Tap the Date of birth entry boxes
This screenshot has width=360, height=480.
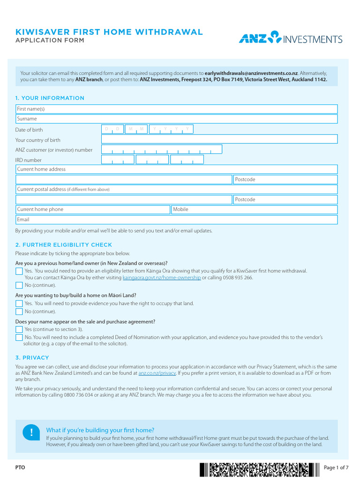147,129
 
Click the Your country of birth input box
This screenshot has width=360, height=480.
219,139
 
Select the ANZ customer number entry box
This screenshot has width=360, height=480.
162,150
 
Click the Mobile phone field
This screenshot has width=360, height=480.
254,210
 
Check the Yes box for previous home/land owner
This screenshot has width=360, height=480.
19,271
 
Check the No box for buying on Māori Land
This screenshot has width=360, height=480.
19,312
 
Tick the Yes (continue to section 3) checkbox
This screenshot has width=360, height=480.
19,330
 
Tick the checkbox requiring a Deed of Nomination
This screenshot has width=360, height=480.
19,337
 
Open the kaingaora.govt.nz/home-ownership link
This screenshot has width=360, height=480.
161,277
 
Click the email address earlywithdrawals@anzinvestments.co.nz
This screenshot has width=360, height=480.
251,73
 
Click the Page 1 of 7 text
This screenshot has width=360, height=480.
336,467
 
